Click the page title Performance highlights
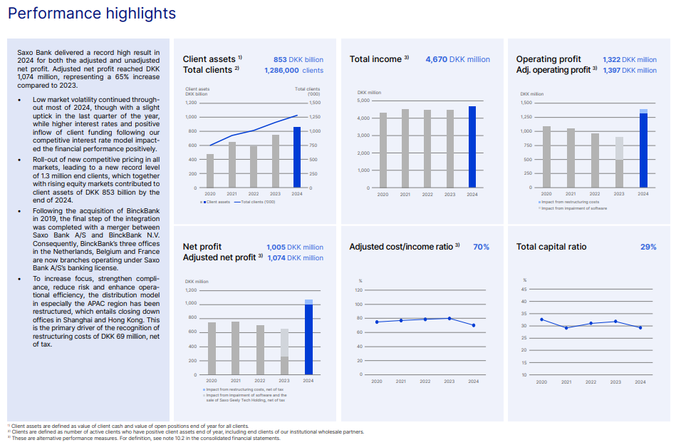[x=92, y=14]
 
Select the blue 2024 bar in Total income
[x=472, y=147]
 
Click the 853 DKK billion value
[x=298, y=60]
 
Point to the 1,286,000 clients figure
[x=293, y=71]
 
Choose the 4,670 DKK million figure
[x=457, y=60]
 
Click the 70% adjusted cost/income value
[x=481, y=247]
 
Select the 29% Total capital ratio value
[x=648, y=247]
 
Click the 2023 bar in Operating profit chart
[x=619, y=163]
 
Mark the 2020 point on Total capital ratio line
[x=541, y=319]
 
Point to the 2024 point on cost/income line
[x=473, y=325]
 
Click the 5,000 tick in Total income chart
[x=363, y=101]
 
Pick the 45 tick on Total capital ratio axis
[x=524, y=289]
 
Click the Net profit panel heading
[x=203, y=247]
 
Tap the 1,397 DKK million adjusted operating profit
[x=630, y=71]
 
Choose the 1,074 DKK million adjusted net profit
[x=295, y=257]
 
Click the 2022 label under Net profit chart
[x=260, y=382]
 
